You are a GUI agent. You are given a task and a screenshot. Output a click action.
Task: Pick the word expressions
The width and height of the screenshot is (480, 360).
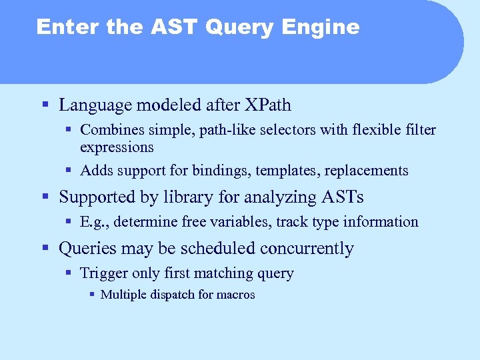tap(117, 147)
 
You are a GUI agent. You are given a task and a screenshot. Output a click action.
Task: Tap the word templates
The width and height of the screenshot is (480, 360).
tap(290, 171)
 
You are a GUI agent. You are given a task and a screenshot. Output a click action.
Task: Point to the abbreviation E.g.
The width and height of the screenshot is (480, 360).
tap(91, 222)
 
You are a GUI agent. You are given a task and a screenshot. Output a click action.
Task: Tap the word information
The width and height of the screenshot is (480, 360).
tap(381, 222)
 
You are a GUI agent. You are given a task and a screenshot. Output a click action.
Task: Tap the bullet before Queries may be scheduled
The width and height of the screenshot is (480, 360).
tap(45, 249)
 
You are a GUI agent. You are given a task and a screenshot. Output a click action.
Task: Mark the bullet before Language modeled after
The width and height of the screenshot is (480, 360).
tap(45, 105)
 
